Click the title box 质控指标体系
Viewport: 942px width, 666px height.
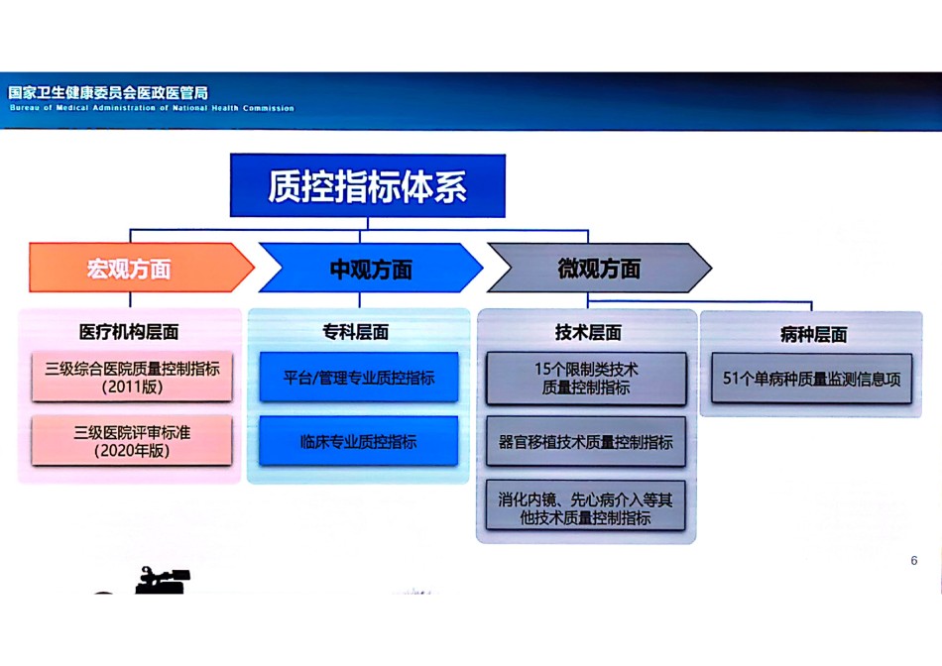[x=368, y=185]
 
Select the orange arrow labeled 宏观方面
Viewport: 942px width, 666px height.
[x=142, y=268]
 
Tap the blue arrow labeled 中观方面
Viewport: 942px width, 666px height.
[x=371, y=268]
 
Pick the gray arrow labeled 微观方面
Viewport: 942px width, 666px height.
[x=600, y=268]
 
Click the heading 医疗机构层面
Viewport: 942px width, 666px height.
[x=129, y=331]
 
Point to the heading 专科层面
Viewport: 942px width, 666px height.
[x=356, y=331]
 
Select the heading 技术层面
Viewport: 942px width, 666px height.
[x=588, y=332]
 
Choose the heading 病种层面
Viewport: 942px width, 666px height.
[x=813, y=335]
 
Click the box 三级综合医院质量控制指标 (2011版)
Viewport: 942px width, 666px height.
[x=132, y=377]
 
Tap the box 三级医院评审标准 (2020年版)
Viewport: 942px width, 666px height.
[x=132, y=440]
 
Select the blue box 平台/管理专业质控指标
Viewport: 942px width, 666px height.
[x=359, y=378]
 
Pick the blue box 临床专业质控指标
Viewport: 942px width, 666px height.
[x=359, y=441]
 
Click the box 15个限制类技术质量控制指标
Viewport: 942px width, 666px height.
[x=586, y=379]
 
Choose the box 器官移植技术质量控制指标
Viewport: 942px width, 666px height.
[x=586, y=442]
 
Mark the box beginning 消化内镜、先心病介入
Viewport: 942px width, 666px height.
[x=586, y=505]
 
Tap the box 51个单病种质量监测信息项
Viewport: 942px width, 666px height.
[x=812, y=379]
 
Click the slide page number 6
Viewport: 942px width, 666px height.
[x=914, y=560]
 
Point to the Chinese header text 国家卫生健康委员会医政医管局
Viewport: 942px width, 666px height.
[x=108, y=92]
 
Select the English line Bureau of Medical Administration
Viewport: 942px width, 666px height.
[x=152, y=108]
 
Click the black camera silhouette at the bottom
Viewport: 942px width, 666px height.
[x=161, y=580]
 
